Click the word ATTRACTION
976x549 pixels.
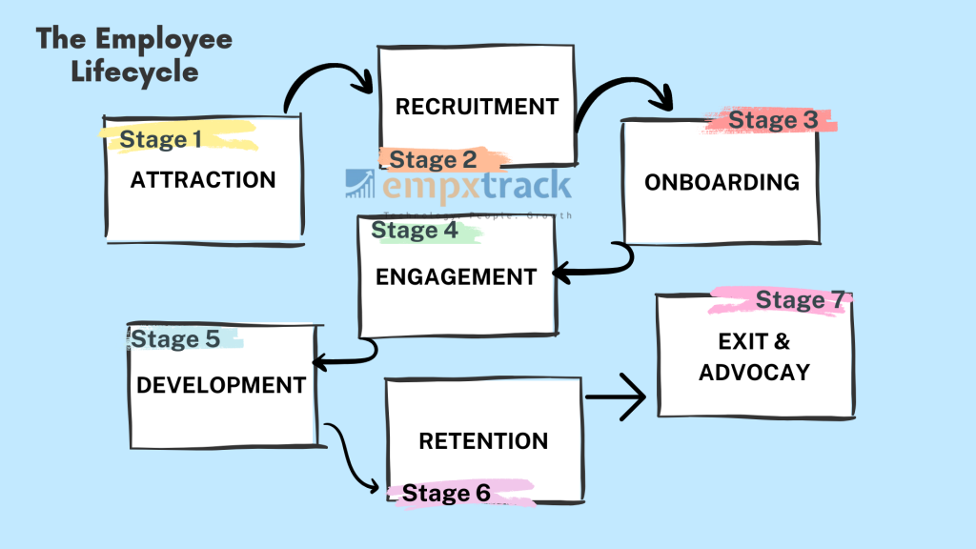[203, 180]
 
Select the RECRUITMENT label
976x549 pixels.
[477, 107]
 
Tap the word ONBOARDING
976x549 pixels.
[722, 182]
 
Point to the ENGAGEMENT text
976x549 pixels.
[456, 277]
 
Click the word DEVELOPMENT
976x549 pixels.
[221, 385]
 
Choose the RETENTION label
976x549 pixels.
[483, 441]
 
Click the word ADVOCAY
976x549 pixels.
[754, 372]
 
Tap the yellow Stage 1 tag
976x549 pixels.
[161, 140]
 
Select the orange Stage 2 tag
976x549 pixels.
[433, 159]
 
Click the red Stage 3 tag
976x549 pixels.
[773, 121]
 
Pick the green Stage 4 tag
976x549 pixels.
[415, 230]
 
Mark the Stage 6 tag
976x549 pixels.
[446, 493]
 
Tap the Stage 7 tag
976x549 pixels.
[800, 301]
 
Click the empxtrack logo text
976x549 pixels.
[477, 186]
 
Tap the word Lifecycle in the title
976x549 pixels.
[134, 72]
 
